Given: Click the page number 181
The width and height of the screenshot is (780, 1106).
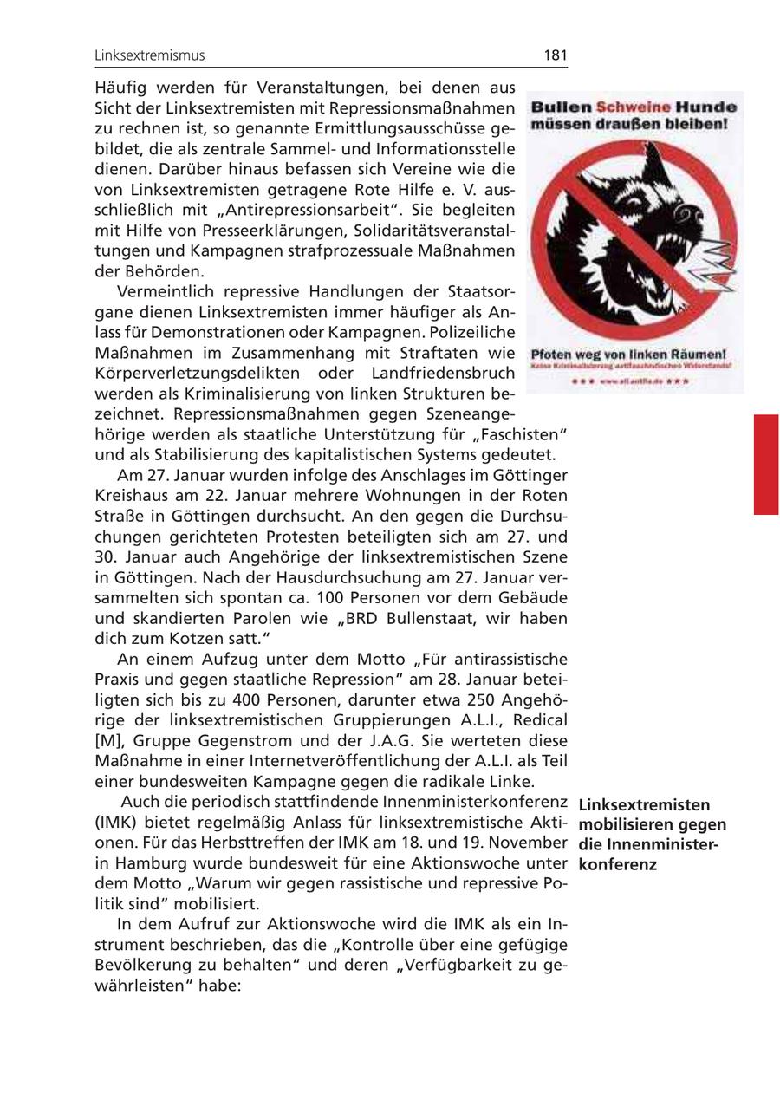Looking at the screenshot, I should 556,55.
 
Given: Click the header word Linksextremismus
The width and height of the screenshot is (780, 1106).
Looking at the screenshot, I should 150,55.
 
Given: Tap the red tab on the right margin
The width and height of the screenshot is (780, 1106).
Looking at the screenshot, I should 766,465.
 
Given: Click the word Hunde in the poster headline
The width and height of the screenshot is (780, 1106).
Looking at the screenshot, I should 706,107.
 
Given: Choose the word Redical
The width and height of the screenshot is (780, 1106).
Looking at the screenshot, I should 539,720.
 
